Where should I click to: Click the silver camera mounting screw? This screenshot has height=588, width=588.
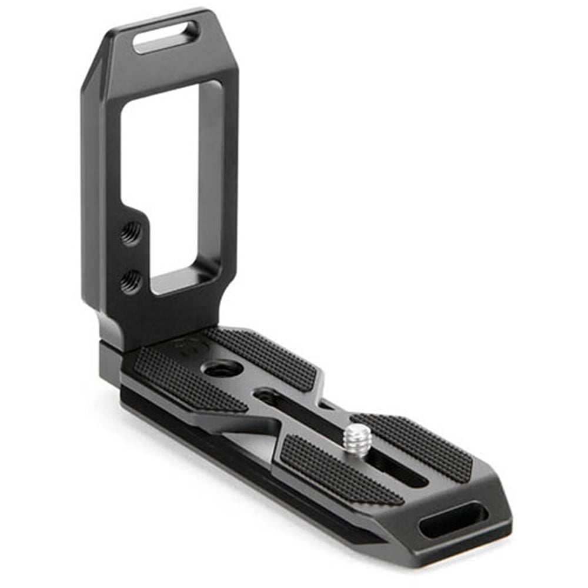coord(356,437)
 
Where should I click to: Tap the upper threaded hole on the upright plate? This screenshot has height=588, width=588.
coord(131,232)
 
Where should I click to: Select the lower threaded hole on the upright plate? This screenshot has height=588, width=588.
coord(131,282)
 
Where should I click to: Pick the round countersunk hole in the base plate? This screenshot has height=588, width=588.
coord(222,369)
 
